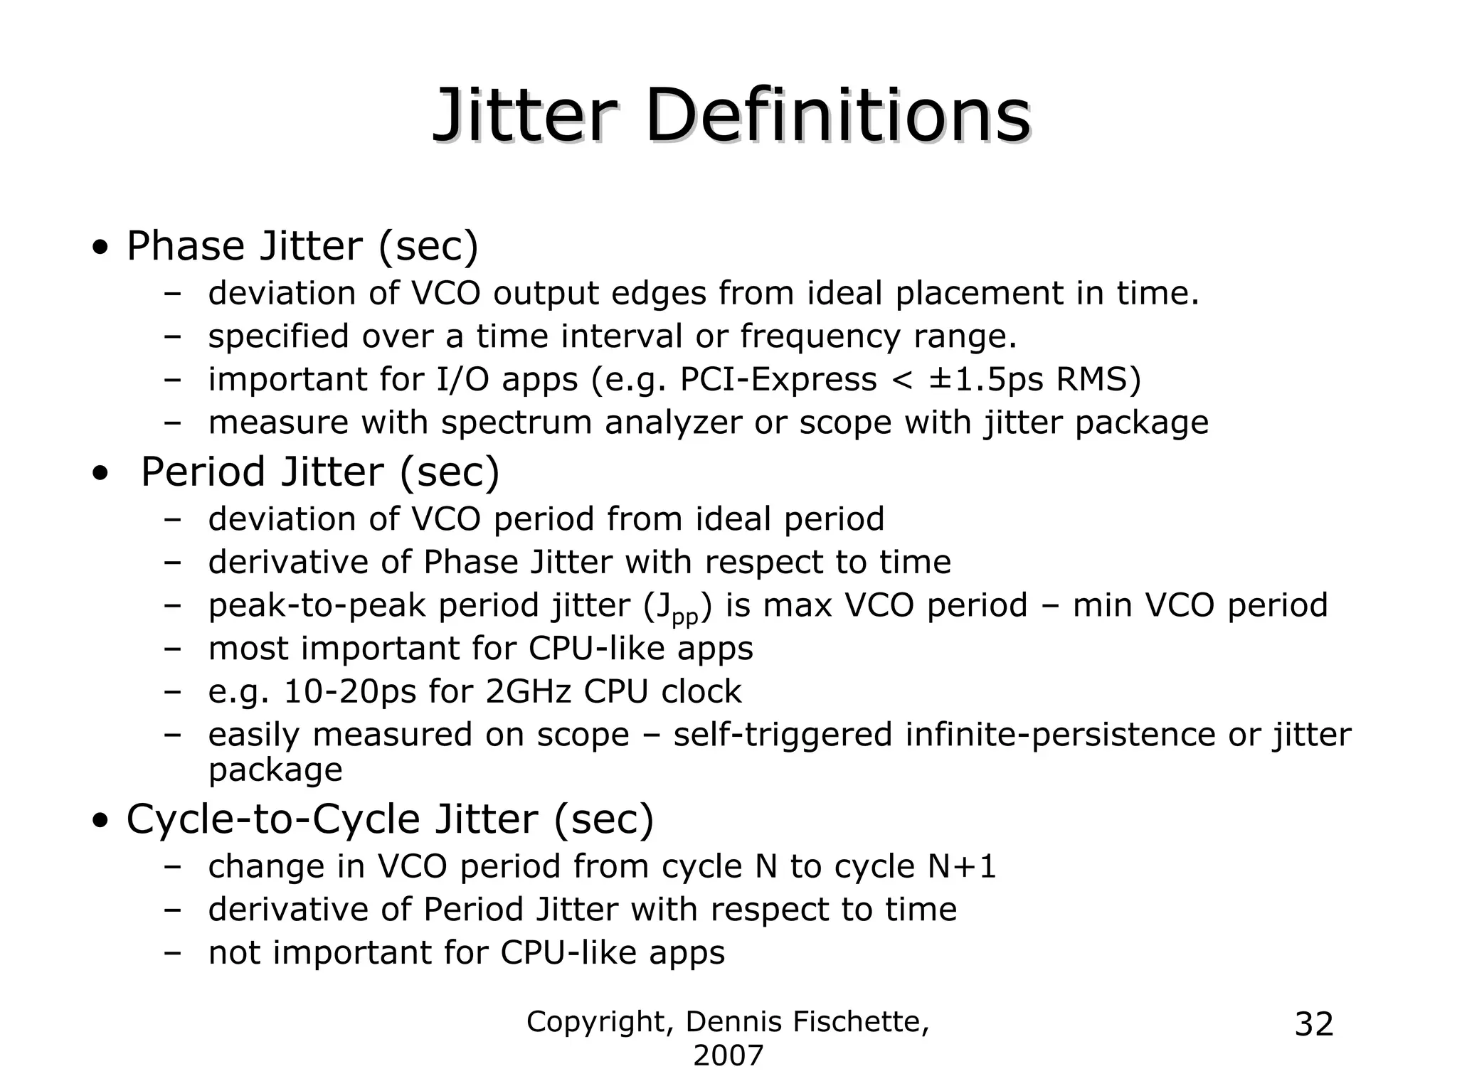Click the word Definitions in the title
837,116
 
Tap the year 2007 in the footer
728,1056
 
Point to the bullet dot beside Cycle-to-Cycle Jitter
101,821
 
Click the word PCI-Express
778,380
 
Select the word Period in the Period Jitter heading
202,472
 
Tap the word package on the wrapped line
275,770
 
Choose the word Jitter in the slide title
524,116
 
